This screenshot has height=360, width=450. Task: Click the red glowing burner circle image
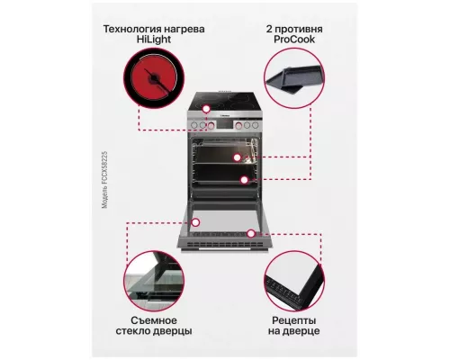[x=155, y=81]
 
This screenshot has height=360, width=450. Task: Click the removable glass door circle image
[x=155, y=278]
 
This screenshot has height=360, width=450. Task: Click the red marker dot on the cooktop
[x=206, y=109]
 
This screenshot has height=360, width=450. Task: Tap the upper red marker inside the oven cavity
[x=236, y=157]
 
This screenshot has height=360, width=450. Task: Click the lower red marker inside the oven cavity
[x=243, y=180]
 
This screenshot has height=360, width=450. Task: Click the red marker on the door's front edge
[x=251, y=234]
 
